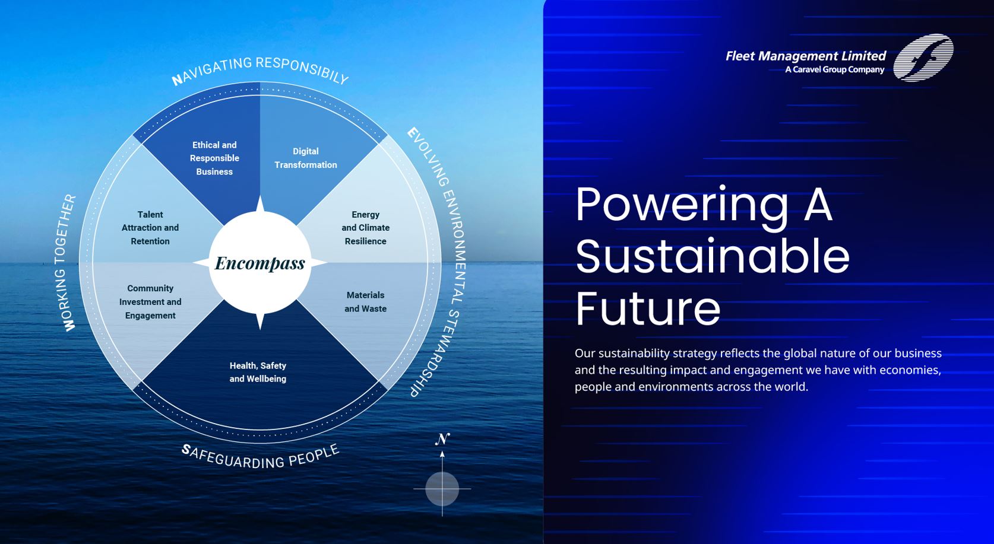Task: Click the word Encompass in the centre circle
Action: click(x=260, y=263)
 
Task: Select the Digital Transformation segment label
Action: click(x=306, y=158)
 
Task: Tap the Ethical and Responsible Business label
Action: click(x=214, y=158)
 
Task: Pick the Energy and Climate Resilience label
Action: click(x=366, y=228)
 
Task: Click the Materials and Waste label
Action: click(x=366, y=302)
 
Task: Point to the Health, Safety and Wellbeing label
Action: click(x=258, y=373)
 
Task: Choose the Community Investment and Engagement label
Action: click(x=150, y=302)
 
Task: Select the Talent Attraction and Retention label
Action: click(x=150, y=228)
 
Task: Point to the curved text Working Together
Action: click(x=68, y=263)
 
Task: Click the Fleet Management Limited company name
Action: click(x=806, y=56)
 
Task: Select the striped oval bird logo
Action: click(x=923, y=58)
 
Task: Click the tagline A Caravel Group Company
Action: click(x=835, y=69)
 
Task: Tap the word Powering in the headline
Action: click(x=682, y=205)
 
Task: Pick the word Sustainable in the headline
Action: click(x=713, y=256)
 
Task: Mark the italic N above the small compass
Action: click(x=442, y=439)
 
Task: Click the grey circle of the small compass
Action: click(x=442, y=489)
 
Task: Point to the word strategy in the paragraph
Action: click(x=695, y=354)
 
